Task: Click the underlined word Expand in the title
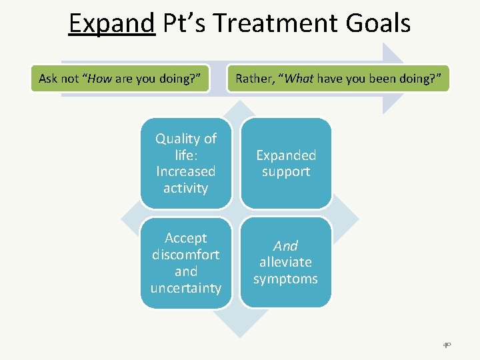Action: coord(111,24)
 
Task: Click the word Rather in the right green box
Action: coord(255,79)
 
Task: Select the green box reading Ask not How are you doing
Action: coord(120,79)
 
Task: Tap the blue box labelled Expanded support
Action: coord(285,163)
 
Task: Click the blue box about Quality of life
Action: coord(185,163)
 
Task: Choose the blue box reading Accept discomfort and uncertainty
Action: coord(185,263)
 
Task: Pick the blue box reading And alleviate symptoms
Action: coord(285,263)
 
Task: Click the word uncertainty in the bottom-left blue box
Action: coord(185,288)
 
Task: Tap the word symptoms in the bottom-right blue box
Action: coord(285,279)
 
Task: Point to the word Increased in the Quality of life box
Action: coord(185,171)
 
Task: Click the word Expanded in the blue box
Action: coord(285,155)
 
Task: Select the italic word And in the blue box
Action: coord(285,246)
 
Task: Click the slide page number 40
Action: coord(446,345)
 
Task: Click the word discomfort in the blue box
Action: coord(185,255)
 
